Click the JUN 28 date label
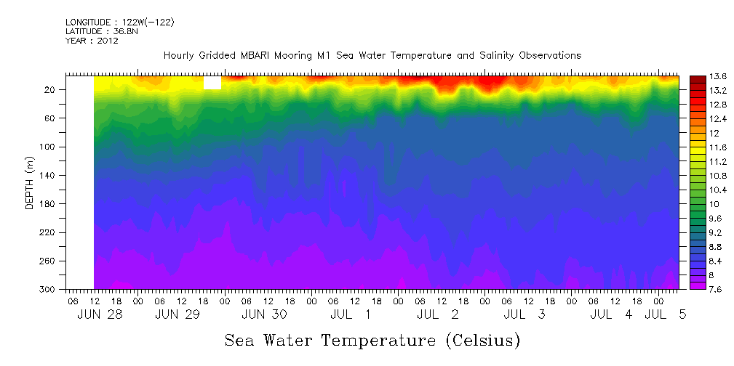pyautogui.click(x=100, y=314)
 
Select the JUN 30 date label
pyautogui.click(x=264, y=314)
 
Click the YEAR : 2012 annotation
pyautogui.click(x=92, y=41)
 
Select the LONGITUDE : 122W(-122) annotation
pyautogui.click(x=119, y=22)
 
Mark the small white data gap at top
pyautogui.click(x=212, y=84)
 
